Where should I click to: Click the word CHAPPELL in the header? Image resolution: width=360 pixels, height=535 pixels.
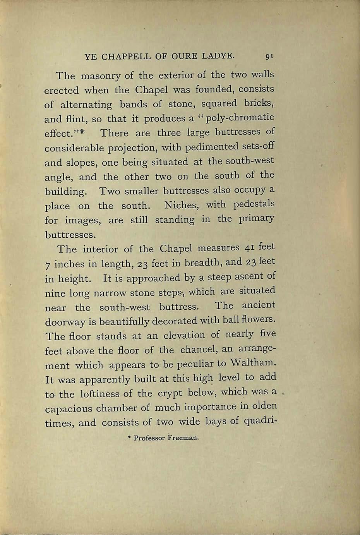[125, 57]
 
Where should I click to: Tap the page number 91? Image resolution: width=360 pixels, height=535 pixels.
[270, 57]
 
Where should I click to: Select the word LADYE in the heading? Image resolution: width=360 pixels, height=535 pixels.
[218, 57]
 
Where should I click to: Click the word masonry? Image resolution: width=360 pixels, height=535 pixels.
[99, 75]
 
